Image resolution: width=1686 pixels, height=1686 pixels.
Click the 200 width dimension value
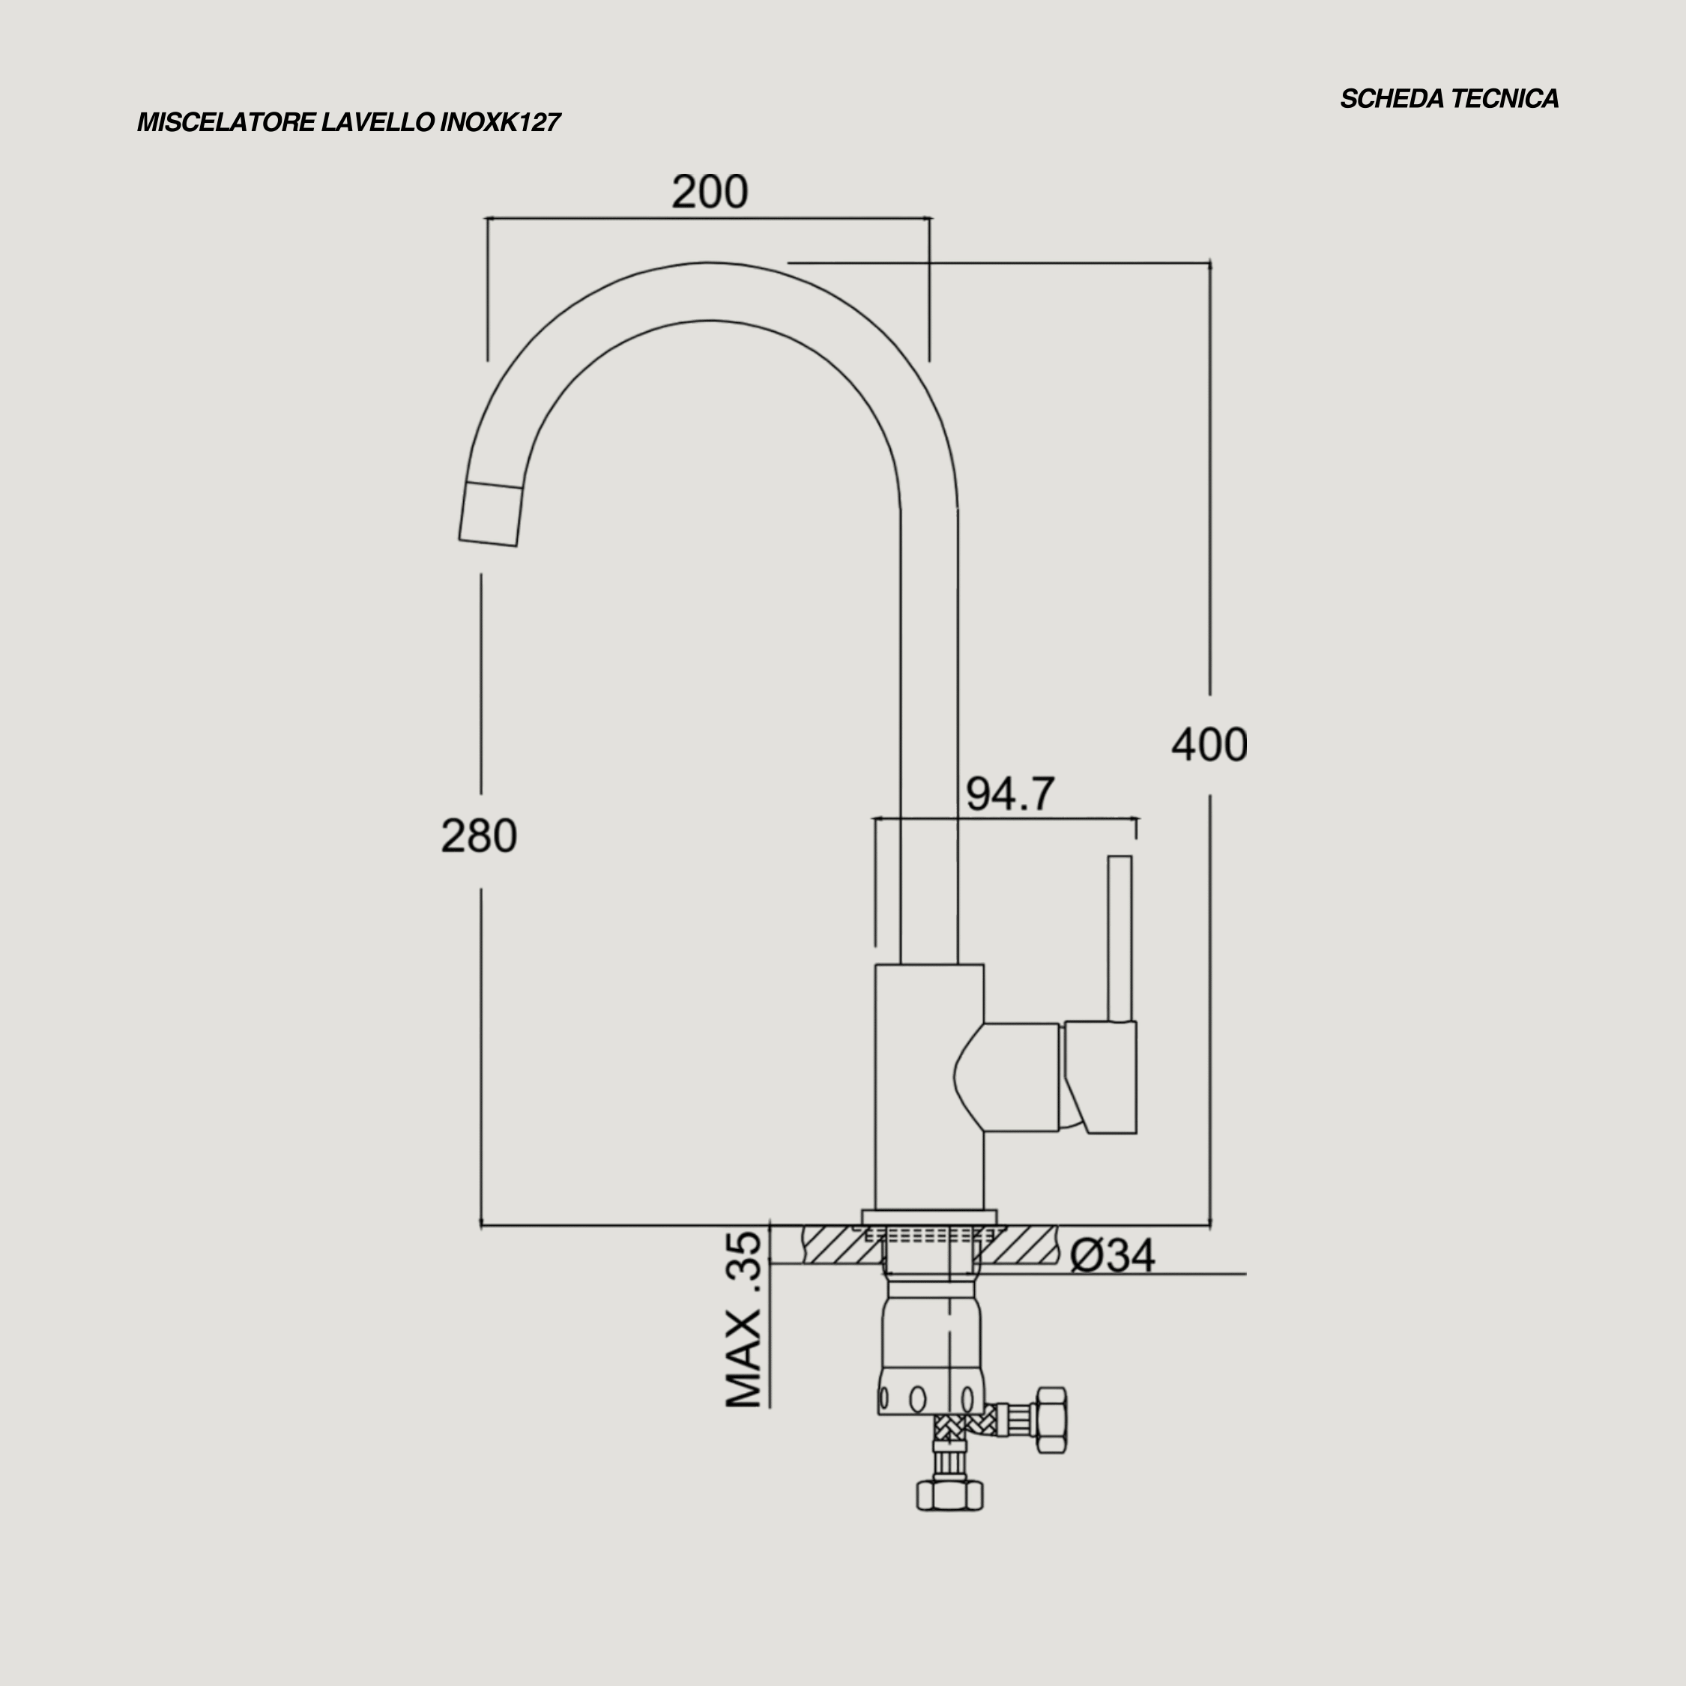click(x=710, y=191)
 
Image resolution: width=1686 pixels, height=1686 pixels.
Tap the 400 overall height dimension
click(x=1209, y=744)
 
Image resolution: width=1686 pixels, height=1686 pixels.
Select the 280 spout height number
click(x=478, y=836)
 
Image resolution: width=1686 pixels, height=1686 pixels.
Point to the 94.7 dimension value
click(x=1009, y=794)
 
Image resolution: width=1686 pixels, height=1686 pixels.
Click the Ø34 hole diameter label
click(x=1112, y=1256)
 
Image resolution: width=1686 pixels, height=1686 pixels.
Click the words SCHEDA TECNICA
click(x=1448, y=99)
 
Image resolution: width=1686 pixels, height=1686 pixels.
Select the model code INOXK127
click(x=499, y=122)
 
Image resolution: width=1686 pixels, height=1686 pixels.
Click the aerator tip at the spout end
click(x=491, y=515)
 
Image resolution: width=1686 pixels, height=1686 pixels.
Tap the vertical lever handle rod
click(x=1120, y=938)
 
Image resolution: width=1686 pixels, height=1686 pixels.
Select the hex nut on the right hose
click(x=1051, y=1420)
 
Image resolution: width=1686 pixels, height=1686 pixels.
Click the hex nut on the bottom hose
click(x=949, y=1494)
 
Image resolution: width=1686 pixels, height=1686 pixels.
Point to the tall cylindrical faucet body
click(x=928, y=1087)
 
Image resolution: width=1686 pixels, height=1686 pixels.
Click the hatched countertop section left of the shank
click(x=839, y=1245)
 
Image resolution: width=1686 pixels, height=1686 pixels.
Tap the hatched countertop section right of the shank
click(x=1023, y=1245)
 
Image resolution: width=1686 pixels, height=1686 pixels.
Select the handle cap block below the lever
click(x=1102, y=1077)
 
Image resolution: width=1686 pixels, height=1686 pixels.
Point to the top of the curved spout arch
click(x=709, y=291)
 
